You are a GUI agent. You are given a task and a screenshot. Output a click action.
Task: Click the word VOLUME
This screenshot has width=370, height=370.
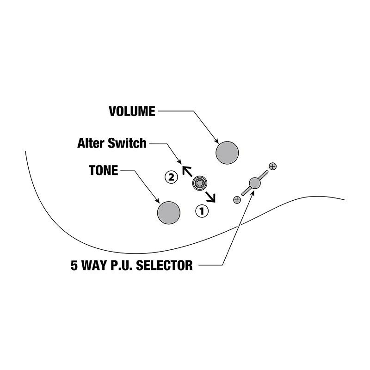coord(132,111)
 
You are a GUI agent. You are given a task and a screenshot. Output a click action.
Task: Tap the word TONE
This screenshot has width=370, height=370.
coord(103,170)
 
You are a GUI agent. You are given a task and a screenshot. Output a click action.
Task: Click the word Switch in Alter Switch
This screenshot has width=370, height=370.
coord(127,143)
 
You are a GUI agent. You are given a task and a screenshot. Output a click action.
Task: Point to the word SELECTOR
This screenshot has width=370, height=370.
coord(164,265)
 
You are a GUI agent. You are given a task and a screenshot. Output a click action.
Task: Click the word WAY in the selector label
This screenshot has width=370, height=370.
coord(94,265)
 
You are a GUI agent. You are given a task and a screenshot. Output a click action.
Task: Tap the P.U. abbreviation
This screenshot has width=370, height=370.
coord(122,265)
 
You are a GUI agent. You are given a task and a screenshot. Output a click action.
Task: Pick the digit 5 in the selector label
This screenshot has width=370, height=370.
coord(74,265)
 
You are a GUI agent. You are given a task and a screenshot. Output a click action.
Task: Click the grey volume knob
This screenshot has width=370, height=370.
coord(227,153)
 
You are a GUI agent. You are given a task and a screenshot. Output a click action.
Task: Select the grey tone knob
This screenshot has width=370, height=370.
coord(169,213)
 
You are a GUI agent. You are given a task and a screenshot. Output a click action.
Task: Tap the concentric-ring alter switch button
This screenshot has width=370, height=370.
coord(200,183)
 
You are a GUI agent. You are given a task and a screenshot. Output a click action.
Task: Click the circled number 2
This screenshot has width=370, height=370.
coord(171,177)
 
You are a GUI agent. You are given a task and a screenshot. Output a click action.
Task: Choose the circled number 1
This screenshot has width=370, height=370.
coord(202,211)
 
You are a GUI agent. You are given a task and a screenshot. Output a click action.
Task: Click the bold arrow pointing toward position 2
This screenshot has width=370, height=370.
coord(187,171)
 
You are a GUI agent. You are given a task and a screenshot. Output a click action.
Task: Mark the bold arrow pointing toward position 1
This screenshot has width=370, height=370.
coord(210,197)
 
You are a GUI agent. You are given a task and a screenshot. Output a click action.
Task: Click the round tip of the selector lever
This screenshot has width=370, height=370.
coord(255,183)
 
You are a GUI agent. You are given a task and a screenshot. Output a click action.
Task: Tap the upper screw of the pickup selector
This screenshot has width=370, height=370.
coord(272,166)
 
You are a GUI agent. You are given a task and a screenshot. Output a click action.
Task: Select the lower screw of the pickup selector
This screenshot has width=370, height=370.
coord(237,200)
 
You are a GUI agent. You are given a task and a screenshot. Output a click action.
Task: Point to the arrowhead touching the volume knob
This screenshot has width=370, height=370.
coord(216,141)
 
